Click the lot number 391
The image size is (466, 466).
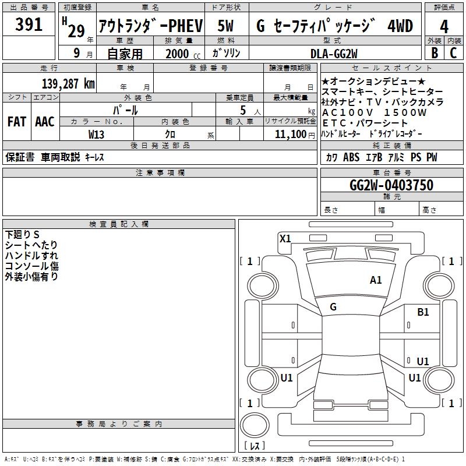pos(29,24)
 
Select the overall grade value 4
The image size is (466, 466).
pos(444,27)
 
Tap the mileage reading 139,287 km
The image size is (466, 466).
pos(68,84)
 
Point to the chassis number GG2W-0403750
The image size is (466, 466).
pos(391,185)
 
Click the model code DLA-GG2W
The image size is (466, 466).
pos(334,54)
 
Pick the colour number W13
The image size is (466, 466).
pos(96,135)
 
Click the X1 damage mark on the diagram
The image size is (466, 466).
pos(285,239)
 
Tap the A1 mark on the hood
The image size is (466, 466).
pos(376,280)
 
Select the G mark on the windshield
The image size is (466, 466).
pos(333,307)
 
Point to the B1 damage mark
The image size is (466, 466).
pos(423,312)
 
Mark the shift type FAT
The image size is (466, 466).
pos(17,122)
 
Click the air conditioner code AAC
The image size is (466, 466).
pos(45,122)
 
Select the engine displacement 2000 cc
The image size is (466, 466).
pos(183,54)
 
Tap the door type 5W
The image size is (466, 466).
pos(225,26)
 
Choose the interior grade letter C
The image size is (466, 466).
pos(453,53)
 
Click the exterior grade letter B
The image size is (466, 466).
pos(435,53)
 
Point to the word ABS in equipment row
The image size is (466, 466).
pos(351,157)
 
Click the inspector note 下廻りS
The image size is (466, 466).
pos(22,235)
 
